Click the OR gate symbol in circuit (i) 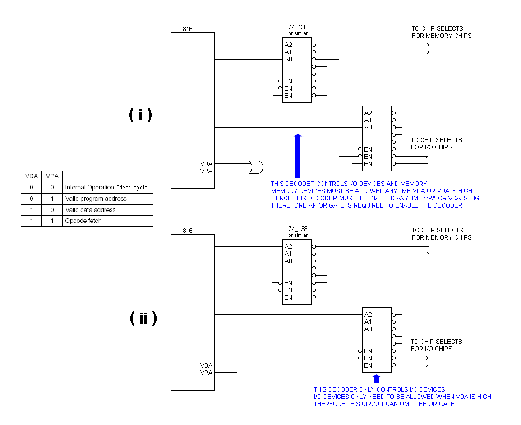(x=256, y=167)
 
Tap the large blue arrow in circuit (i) (x=297, y=156)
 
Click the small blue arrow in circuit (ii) (x=377, y=379)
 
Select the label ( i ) (x=141, y=115)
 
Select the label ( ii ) (x=143, y=319)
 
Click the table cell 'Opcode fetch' (x=83, y=221)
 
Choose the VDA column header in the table (x=32, y=176)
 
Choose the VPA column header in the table (x=52, y=176)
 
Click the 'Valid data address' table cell (x=90, y=210)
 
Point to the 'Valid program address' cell (x=96, y=199)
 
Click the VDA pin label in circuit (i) (x=206, y=164)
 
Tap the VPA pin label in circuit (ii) (x=206, y=373)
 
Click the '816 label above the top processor (x=186, y=29)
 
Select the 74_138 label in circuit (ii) (x=298, y=229)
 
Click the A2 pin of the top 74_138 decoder (x=288, y=45)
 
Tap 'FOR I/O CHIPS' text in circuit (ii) (x=431, y=349)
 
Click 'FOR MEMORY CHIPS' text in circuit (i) (x=442, y=36)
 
